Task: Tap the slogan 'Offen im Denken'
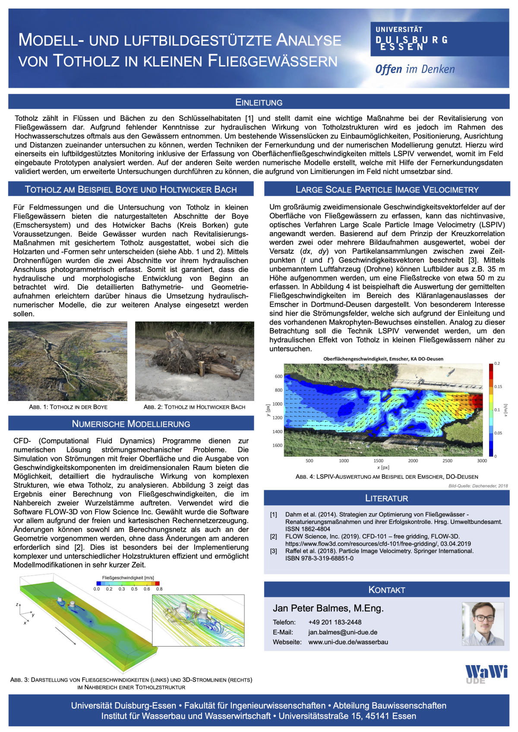[x=415, y=69]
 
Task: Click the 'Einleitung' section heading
[x=259, y=102]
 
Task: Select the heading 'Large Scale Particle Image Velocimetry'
[x=387, y=189]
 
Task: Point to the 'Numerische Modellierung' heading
[x=131, y=424]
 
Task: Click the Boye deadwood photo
[x=68, y=361]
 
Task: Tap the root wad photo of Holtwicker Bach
[x=194, y=361]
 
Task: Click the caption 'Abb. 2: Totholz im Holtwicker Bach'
[x=194, y=407]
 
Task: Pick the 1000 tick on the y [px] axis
[x=277, y=404]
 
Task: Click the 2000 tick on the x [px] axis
[x=413, y=461]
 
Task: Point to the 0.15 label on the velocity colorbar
[x=498, y=387]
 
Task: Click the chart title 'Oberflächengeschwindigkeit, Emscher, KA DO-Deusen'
[x=383, y=359]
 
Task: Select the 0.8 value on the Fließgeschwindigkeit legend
[x=159, y=589]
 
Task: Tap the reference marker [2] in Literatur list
[x=274, y=536]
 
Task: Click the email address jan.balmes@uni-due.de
[x=343, y=632]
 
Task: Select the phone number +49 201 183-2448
[x=335, y=622]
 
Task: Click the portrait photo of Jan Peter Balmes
[x=483, y=624]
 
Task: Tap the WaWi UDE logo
[x=486, y=674]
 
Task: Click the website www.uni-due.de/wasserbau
[x=348, y=642]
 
